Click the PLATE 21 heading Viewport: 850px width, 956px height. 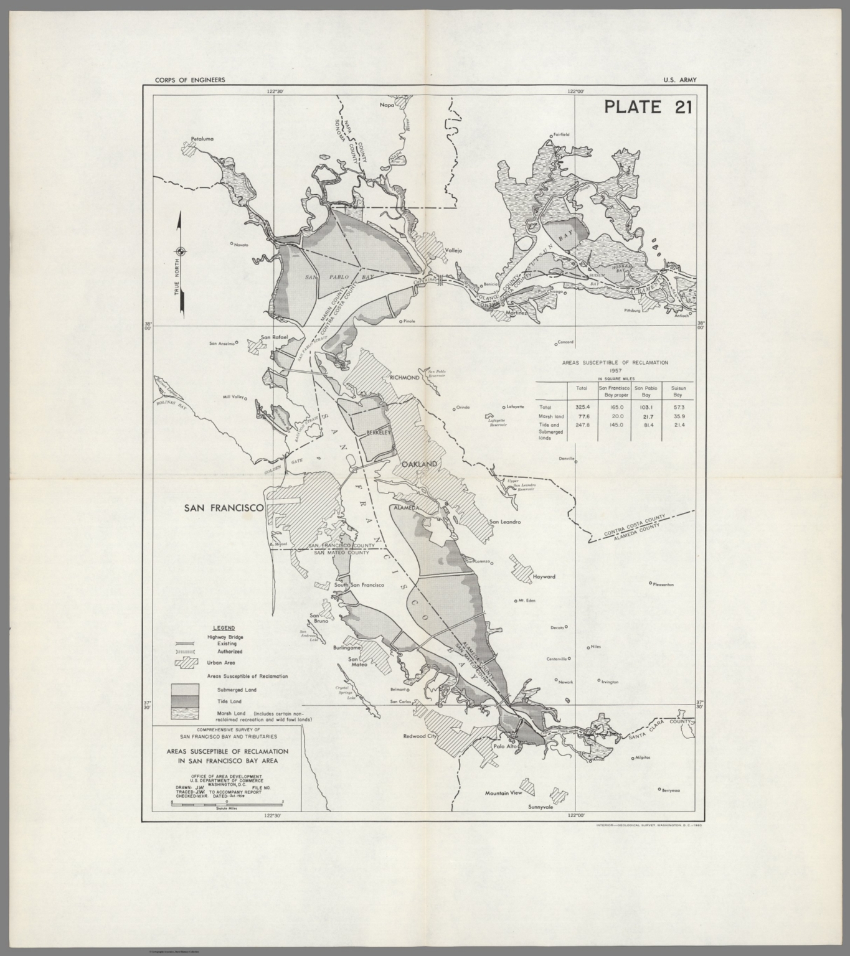[x=648, y=106]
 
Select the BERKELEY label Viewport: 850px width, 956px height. [x=377, y=431]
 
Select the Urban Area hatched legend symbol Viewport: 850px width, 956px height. [x=186, y=663]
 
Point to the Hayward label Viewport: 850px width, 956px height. [x=544, y=576]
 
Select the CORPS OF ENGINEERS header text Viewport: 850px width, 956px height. [x=184, y=80]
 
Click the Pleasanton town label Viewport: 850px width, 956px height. [x=664, y=584]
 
